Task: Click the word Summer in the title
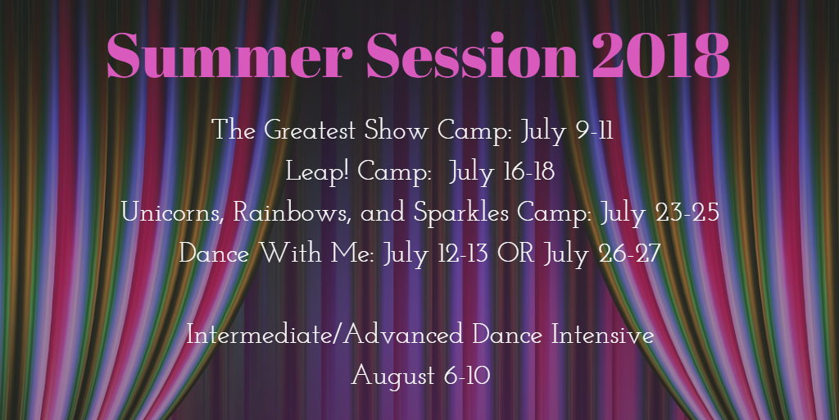[230, 56]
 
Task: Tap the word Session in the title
[472, 56]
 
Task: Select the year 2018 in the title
[661, 56]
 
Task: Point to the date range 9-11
[595, 130]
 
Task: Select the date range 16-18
[528, 172]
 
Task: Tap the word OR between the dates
[515, 253]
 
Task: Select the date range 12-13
[460, 253]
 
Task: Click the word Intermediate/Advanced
[324, 336]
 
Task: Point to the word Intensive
[602, 336]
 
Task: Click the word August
[392, 376]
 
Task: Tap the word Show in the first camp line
[397, 130]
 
